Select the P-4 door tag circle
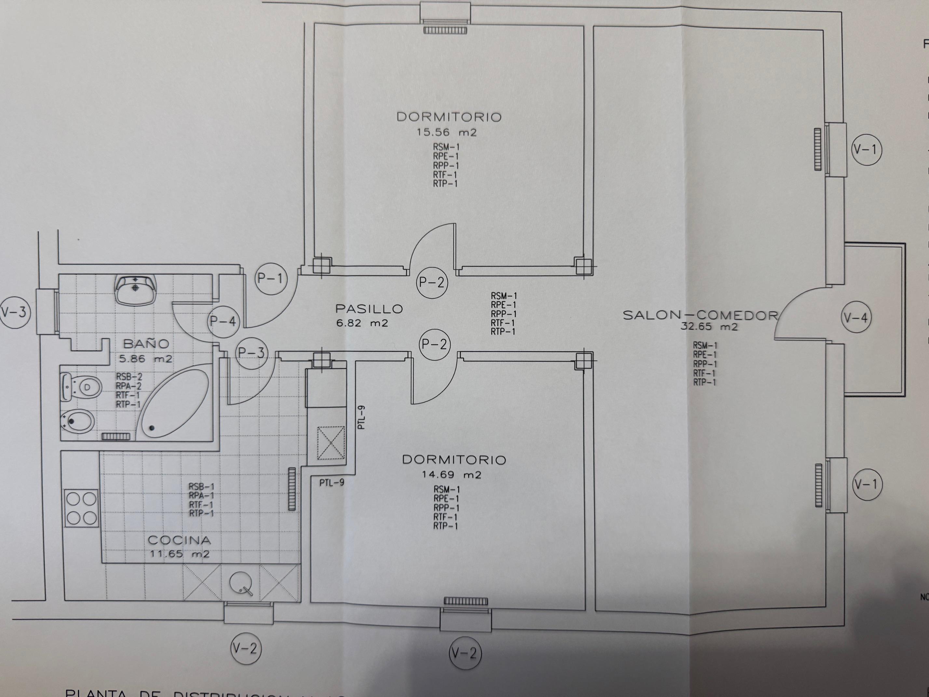click(223, 322)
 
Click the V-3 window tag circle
click(15, 312)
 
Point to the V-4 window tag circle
click(856, 318)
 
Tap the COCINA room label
click(179, 540)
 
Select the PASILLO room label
click(369, 309)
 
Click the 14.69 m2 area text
click(451, 475)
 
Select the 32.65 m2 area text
click(709, 327)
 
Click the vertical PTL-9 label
click(362, 417)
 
